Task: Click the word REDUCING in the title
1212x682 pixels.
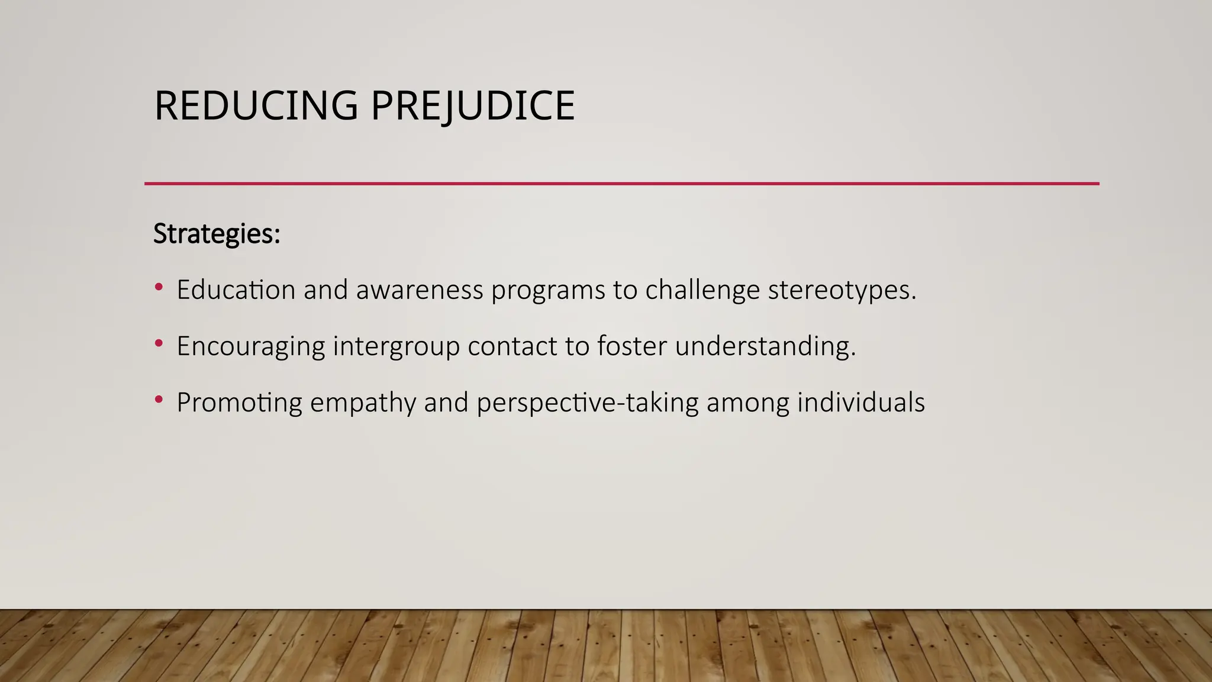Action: click(256, 106)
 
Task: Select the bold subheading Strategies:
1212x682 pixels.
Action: click(217, 234)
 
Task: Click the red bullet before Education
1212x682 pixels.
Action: click(158, 288)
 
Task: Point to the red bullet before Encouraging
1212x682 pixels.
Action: click(158, 343)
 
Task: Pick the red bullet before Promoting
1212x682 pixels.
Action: click(158, 400)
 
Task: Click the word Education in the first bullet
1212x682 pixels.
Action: click(236, 289)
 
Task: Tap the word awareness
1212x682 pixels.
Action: click(419, 289)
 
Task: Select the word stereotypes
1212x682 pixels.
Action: click(842, 289)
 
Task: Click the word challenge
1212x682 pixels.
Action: click(702, 289)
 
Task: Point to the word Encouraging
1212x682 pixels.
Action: click(250, 346)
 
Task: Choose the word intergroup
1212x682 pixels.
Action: click(396, 346)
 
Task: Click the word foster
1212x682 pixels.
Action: click(632, 346)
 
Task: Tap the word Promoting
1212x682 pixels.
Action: click(239, 403)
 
